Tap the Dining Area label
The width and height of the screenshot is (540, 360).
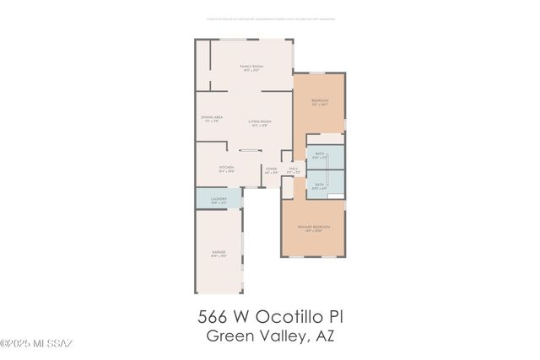(x=212, y=119)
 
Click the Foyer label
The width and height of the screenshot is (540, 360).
(x=272, y=170)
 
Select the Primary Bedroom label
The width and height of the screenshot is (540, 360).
(x=312, y=228)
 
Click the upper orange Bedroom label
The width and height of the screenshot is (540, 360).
(x=320, y=102)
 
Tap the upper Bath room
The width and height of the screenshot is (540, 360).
(x=320, y=155)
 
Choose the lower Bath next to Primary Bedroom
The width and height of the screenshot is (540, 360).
(x=320, y=185)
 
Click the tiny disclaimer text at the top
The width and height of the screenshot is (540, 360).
(x=270, y=17)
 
